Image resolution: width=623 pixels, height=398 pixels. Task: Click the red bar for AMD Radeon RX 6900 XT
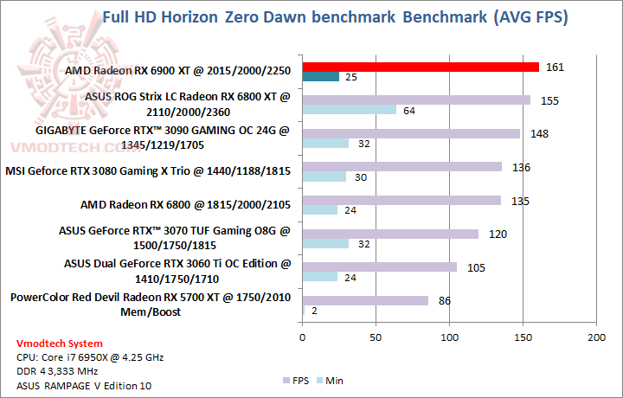(x=421, y=67)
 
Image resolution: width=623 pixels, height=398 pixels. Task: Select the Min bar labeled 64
(x=350, y=110)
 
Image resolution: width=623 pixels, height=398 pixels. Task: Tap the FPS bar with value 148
(x=411, y=133)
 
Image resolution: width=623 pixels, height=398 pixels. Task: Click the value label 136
(x=521, y=167)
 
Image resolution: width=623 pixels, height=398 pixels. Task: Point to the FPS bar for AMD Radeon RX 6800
(x=401, y=200)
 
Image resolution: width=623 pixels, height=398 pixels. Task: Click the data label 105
(x=475, y=266)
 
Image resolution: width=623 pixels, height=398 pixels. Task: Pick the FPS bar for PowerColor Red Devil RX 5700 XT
(x=365, y=300)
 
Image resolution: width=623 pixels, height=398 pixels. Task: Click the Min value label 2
(x=315, y=310)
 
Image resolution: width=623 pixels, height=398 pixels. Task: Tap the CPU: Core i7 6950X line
(x=89, y=356)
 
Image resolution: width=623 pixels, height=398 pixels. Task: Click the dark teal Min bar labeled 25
(x=320, y=78)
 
